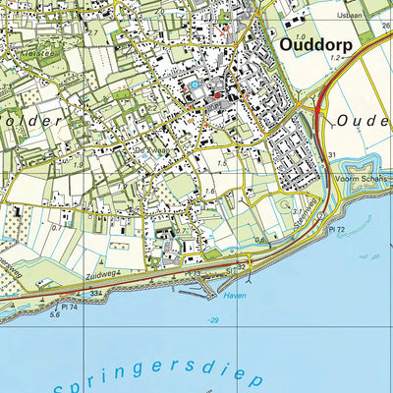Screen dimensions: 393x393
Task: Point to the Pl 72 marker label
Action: [338, 229]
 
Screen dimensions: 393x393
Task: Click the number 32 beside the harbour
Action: [241, 266]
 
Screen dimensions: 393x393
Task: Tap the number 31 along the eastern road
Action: [332, 155]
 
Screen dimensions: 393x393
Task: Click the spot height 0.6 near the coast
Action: [260, 240]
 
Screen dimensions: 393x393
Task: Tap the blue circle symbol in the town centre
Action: [195, 85]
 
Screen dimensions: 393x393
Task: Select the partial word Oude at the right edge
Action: [364, 121]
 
